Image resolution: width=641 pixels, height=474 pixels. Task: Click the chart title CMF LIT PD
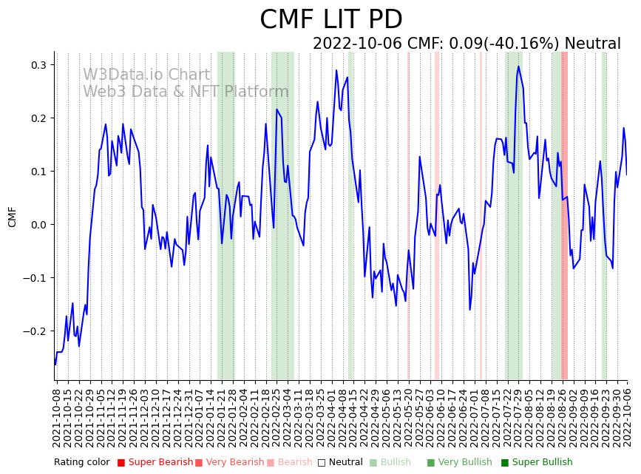[331, 20]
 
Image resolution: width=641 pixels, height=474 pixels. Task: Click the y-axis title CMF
[12, 217]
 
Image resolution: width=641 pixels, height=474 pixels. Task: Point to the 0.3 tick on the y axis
[38, 65]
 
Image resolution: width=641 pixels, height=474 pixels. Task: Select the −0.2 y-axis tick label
[35, 331]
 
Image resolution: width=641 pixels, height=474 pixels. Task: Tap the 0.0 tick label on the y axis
[38, 225]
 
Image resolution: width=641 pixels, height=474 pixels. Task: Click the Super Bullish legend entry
[542, 462]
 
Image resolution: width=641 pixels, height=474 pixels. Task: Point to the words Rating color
[81, 462]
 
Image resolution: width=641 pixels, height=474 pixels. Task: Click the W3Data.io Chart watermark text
[146, 75]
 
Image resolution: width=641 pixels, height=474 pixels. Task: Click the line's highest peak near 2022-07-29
[518, 67]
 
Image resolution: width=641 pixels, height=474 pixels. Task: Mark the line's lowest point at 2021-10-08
[55, 365]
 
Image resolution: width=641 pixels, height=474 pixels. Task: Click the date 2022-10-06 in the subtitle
[357, 44]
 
